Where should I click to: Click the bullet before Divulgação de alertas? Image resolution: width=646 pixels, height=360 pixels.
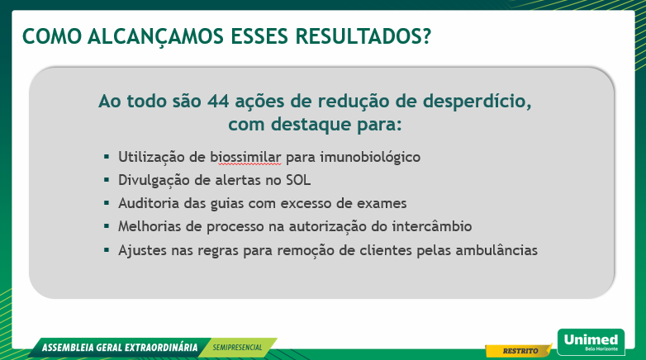pos(107,179)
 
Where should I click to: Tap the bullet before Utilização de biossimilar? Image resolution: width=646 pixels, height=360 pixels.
pos(107,156)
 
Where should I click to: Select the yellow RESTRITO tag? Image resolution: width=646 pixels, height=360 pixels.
pos(516,351)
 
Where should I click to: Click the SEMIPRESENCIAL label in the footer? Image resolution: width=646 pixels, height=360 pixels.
pos(238,348)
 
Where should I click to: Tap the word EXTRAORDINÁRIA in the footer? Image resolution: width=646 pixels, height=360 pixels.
pos(156,348)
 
